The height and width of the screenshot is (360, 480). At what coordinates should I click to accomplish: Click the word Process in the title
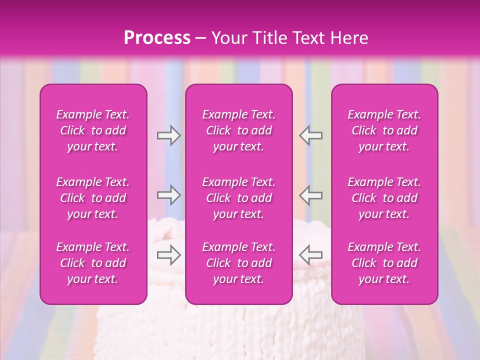(x=157, y=38)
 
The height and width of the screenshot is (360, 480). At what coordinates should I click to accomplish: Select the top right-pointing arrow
(x=169, y=135)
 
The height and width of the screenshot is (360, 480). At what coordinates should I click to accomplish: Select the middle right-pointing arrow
(x=169, y=195)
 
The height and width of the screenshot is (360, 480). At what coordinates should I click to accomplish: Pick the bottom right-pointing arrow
(x=169, y=255)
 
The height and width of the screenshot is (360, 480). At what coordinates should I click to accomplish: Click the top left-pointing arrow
(x=310, y=135)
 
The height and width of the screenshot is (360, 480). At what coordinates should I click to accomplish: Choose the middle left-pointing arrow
(x=310, y=195)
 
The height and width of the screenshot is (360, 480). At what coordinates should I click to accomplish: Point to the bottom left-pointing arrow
(x=310, y=255)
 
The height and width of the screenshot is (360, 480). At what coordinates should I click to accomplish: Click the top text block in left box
(x=93, y=130)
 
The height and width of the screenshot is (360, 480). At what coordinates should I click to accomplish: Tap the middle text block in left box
(x=93, y=198)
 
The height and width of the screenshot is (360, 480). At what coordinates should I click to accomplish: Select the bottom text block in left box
(x=93, y=263)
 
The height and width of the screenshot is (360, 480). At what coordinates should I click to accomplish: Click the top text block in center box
(x=239, y=130)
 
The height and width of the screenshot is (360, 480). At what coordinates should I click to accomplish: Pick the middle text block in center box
(x=239, y=198)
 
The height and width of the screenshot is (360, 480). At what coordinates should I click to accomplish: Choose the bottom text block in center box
(x=239, y=263)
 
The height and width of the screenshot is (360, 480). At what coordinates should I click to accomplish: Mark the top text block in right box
(x=384, y=130)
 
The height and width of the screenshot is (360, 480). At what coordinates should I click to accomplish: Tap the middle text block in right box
(x=384, y=198)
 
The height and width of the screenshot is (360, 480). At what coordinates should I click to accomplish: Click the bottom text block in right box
(x=384, y=263)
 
